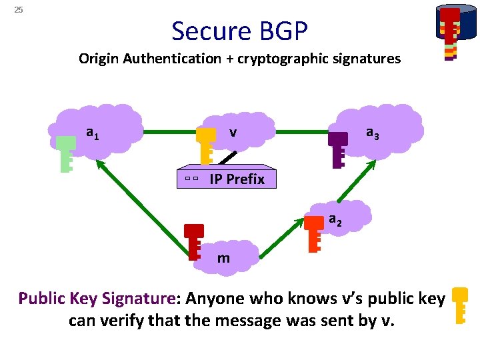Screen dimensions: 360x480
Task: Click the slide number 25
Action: pyautogui.click(x=19, y=10)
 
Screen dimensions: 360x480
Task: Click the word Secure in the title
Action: pyautogui.click(x=209, y=31)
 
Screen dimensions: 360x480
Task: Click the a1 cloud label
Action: pyautogui.click(x=93, y=133)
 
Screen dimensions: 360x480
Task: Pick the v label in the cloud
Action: pyautogui.click(x=233, y=133)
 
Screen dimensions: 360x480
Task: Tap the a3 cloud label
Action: pyautogui.click(x=373, y=133)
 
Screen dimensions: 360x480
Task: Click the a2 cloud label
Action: pyautogui.click(x=335, y=219)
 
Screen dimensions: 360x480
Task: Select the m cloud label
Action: pyautogui.click(x=223, y=258)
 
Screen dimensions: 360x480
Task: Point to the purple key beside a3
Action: pyautogui.click(x=338, y=149)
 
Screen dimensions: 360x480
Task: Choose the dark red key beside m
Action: pyautogui.click(x=194, y=241)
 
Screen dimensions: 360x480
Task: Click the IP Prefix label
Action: pyautogui.click(x=237, y=179)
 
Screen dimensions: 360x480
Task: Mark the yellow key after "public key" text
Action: pyautogui.click(x=460, y=305)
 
